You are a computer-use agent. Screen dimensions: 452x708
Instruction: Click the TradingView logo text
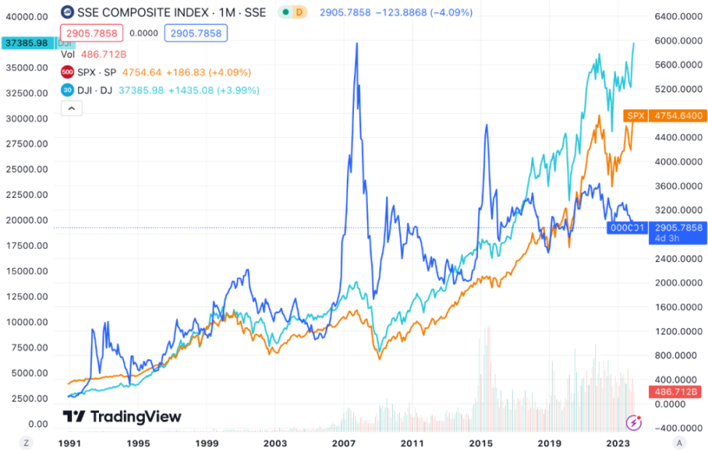122,416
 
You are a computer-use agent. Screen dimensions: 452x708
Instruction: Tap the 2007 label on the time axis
343,443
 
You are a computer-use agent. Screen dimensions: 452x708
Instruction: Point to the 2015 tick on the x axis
481,443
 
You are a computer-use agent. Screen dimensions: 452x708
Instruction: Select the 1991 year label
69,443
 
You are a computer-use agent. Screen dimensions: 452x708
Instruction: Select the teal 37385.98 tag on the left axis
27,43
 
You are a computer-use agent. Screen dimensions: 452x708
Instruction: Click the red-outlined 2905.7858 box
93,33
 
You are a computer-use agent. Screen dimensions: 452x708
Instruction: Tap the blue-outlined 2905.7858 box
196,33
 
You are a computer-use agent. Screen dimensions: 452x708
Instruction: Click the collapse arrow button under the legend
71,108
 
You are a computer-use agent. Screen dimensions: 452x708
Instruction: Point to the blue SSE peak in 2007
357,44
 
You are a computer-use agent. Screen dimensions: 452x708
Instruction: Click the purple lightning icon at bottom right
634,421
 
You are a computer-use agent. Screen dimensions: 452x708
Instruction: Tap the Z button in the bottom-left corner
25,443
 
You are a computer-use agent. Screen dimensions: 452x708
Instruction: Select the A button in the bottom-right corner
680,443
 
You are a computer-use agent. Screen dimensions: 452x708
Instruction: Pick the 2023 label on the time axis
617,443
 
